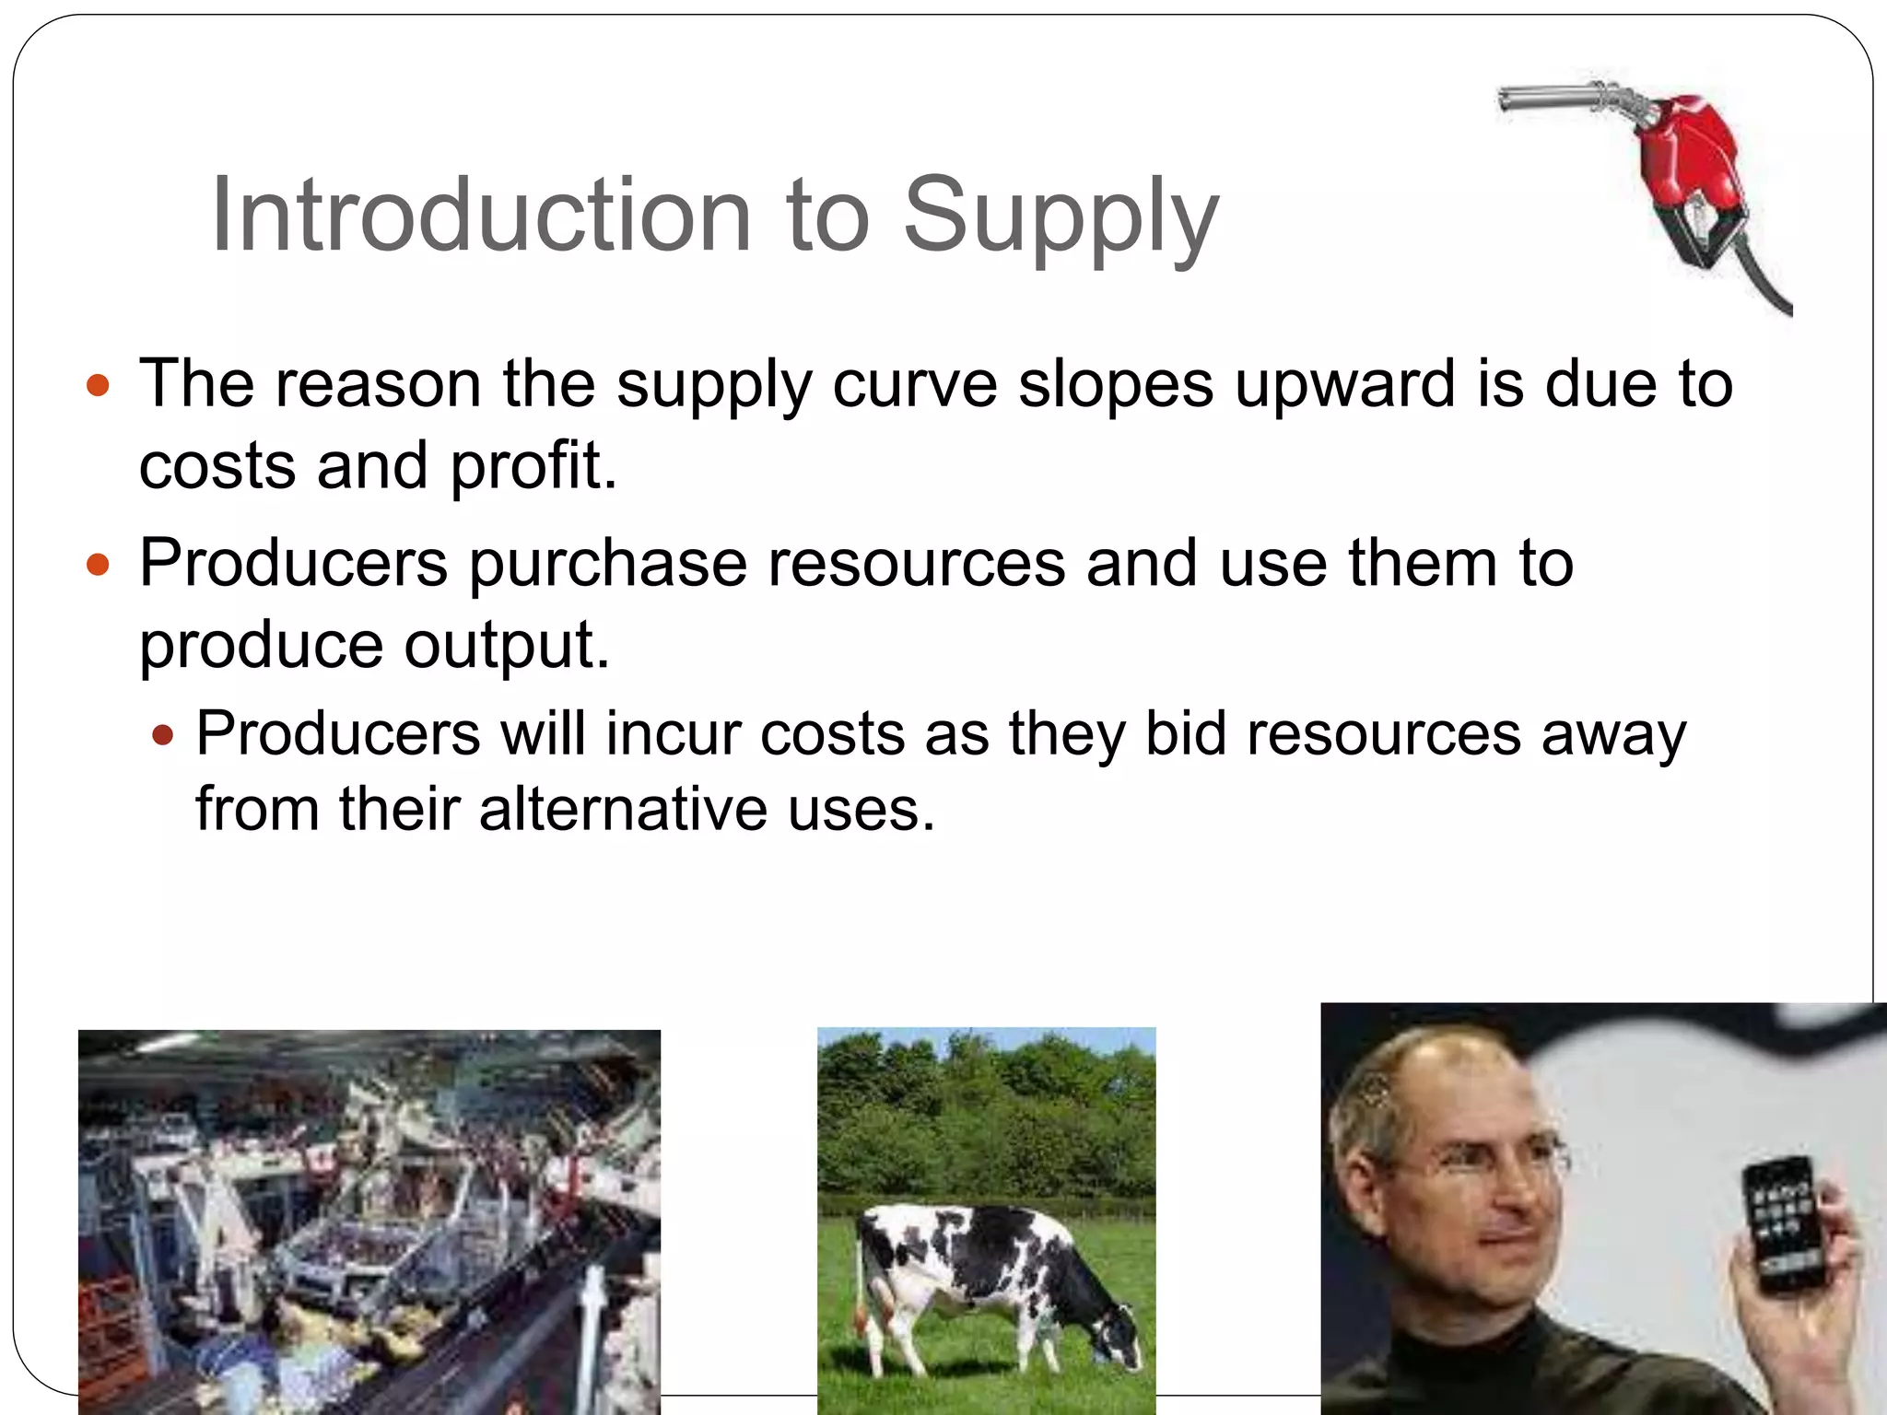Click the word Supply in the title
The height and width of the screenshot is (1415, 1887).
point(1061,217)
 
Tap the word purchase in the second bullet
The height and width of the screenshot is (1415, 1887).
point(608,563)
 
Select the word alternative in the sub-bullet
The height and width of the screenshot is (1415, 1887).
point(623,809)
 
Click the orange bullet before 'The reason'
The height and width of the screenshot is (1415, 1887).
point(98,384)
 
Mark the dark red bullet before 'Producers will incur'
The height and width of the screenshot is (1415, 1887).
point(163,735)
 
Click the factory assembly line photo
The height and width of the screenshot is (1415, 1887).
point(369,1222)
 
